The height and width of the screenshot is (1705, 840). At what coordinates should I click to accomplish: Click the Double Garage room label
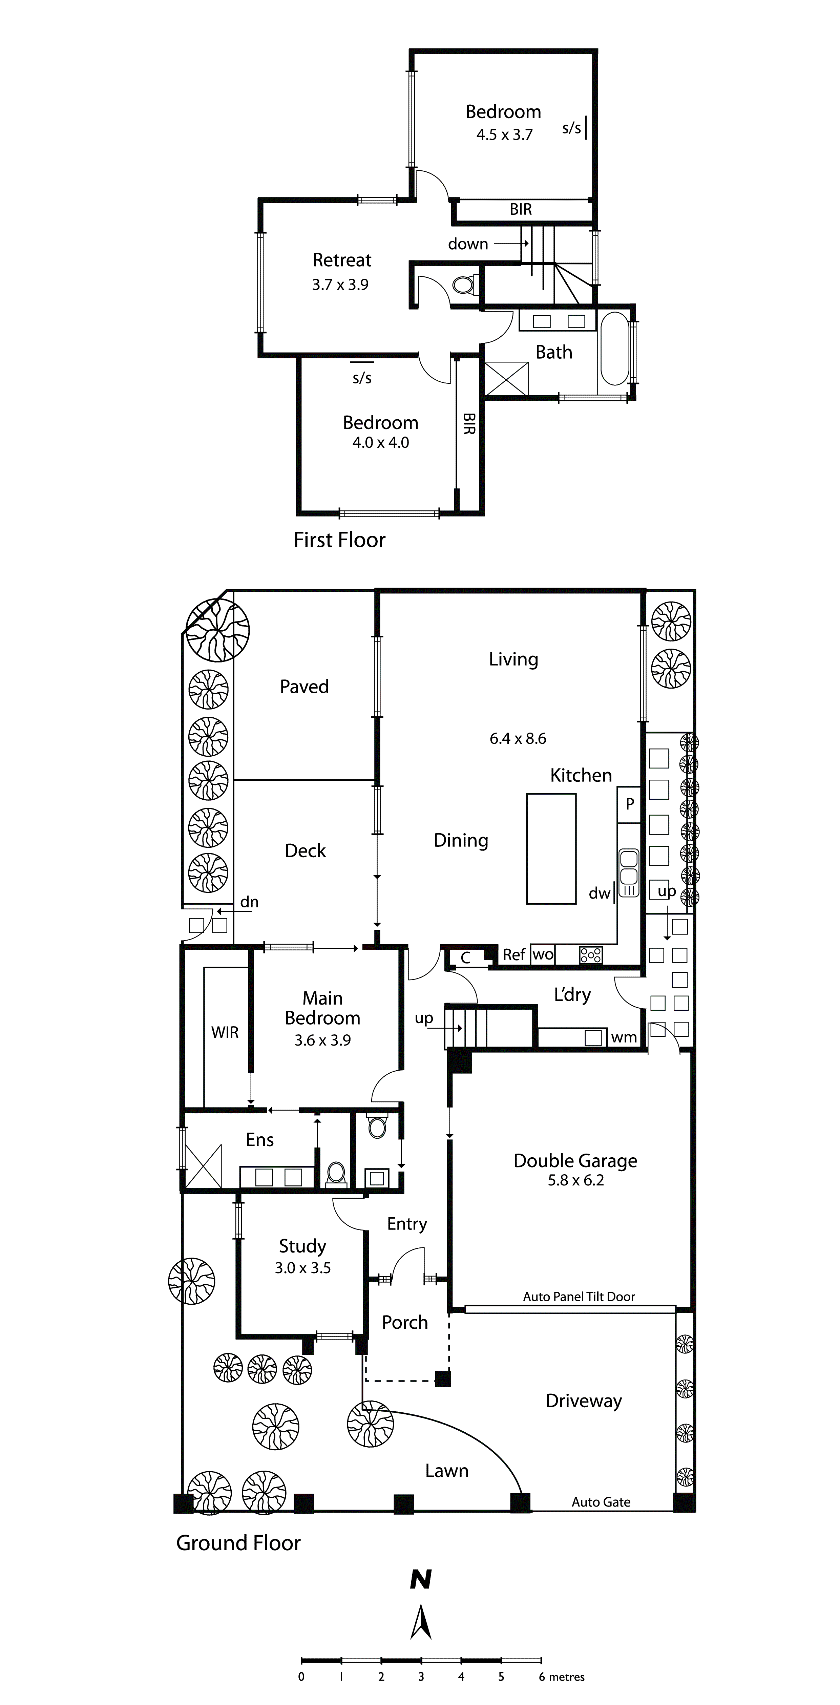pyautogui.click(x=575, y=1160)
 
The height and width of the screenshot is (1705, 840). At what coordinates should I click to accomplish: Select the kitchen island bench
pyautogui.click(x=551, y=848)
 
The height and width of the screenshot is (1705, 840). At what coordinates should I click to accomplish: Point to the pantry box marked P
pyautogui.click(x=629, y=804)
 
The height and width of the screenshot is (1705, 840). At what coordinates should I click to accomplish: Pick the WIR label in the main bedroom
pyautogui.click(x=225, y=1032)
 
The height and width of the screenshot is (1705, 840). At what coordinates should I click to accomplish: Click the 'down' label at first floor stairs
pyautogui.click(x=468, y=244)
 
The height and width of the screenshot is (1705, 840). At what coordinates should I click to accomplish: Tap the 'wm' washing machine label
pyautogui.click(x=624, y=1037)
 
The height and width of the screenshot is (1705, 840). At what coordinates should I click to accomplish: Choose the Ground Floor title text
pyautogui.click(x=238, y=1543)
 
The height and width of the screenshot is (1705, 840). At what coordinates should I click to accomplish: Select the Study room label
pyautogui.click(x=302, y=1246)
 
